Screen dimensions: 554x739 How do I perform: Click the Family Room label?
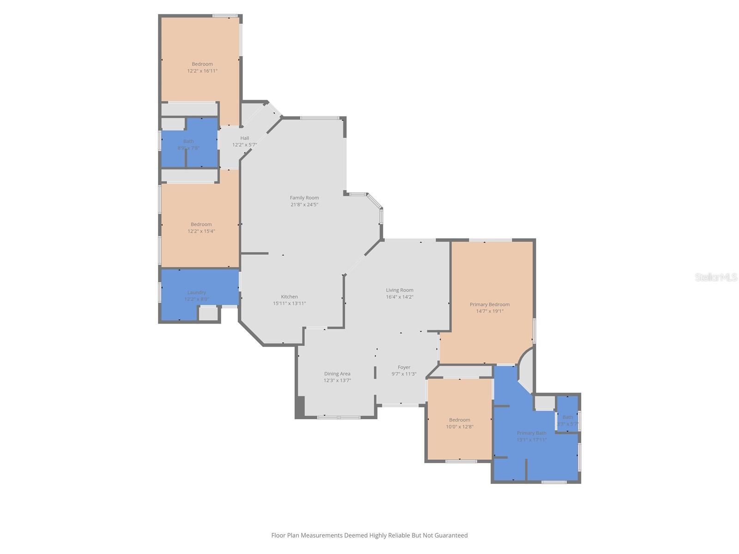tap(304, 198)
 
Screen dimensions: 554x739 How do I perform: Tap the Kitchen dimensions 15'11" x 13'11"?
tap(289, 303)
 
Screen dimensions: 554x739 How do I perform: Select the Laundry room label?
tap(196, 292)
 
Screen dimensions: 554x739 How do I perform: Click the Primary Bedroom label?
tap(490, 304)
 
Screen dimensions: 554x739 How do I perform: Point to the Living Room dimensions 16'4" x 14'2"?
tap(400, 297)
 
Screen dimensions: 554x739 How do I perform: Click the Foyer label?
tap(404, 367)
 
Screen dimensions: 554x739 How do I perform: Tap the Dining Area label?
tap(337, 373)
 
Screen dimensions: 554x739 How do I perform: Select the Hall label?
tap(244, 138)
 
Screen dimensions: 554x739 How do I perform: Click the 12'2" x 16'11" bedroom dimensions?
tap(202, 71)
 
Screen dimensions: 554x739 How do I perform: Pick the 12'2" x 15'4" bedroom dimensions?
tap(201, 231)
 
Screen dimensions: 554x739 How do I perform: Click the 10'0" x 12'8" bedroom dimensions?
tap(459, 427)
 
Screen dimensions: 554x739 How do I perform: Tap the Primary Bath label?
tap(531, 433)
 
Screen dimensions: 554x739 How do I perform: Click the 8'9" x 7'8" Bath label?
tap(188, 141)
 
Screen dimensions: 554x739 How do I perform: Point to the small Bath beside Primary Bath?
tap(568, 417)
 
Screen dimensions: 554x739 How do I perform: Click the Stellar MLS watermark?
tap(716, 277)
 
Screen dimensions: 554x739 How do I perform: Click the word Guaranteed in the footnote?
tap(450, 536)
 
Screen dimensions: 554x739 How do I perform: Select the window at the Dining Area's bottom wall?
tap(339, 417)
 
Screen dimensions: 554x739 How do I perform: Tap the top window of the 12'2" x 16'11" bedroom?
tap(225, 16)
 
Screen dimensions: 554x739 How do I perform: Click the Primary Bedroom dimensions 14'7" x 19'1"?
tap(490, 311)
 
